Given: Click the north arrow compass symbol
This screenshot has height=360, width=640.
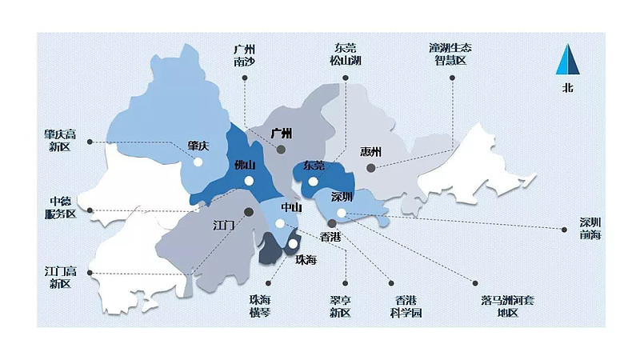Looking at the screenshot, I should point(567,60).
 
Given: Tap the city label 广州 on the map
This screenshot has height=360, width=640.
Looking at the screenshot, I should point(282,133).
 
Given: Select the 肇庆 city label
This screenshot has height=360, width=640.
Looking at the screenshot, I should point(198,146).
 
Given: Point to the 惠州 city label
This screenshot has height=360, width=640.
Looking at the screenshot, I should point(371,152).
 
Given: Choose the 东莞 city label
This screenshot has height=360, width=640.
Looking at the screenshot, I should point(314,166).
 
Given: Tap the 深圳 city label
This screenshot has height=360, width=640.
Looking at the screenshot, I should point(342,197).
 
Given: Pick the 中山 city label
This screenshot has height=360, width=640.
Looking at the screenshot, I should point(291,208).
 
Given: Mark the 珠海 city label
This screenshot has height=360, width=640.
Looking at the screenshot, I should point(306,260).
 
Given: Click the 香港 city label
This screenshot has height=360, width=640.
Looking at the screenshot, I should point(330,237).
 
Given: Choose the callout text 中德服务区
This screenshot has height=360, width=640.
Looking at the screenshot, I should point(61,208).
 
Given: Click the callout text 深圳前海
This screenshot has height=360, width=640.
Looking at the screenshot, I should point(591,228).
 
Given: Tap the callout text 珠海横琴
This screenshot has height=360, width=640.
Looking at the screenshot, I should point(260,306).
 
